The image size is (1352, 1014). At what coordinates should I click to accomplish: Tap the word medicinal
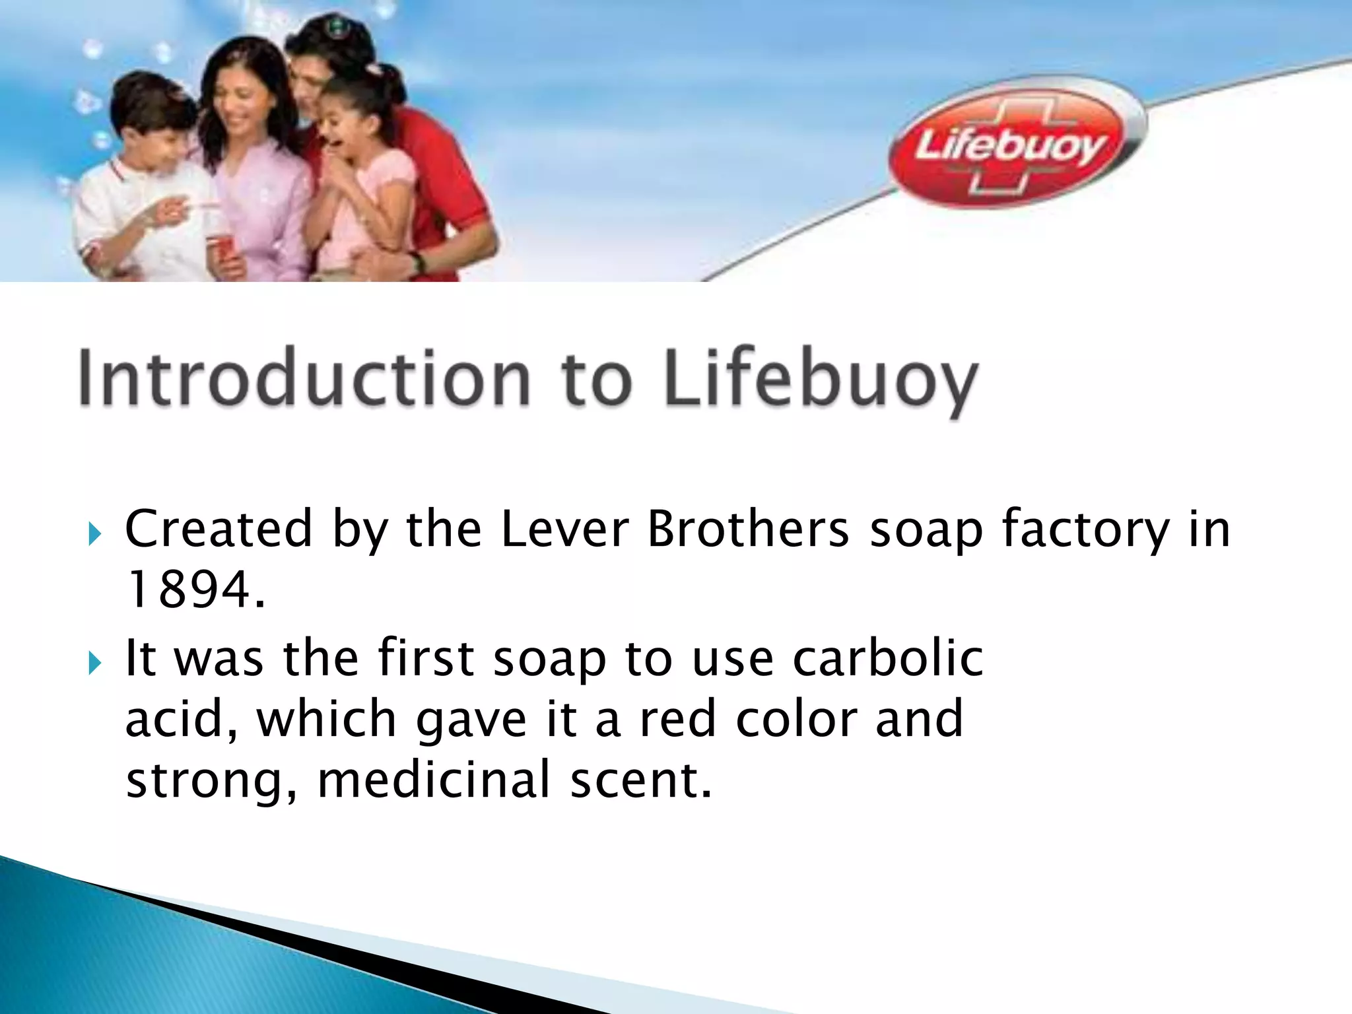434,779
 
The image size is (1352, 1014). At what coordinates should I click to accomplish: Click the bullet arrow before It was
94,663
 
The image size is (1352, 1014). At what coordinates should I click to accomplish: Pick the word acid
177,720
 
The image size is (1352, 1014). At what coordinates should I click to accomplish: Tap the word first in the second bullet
426,658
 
